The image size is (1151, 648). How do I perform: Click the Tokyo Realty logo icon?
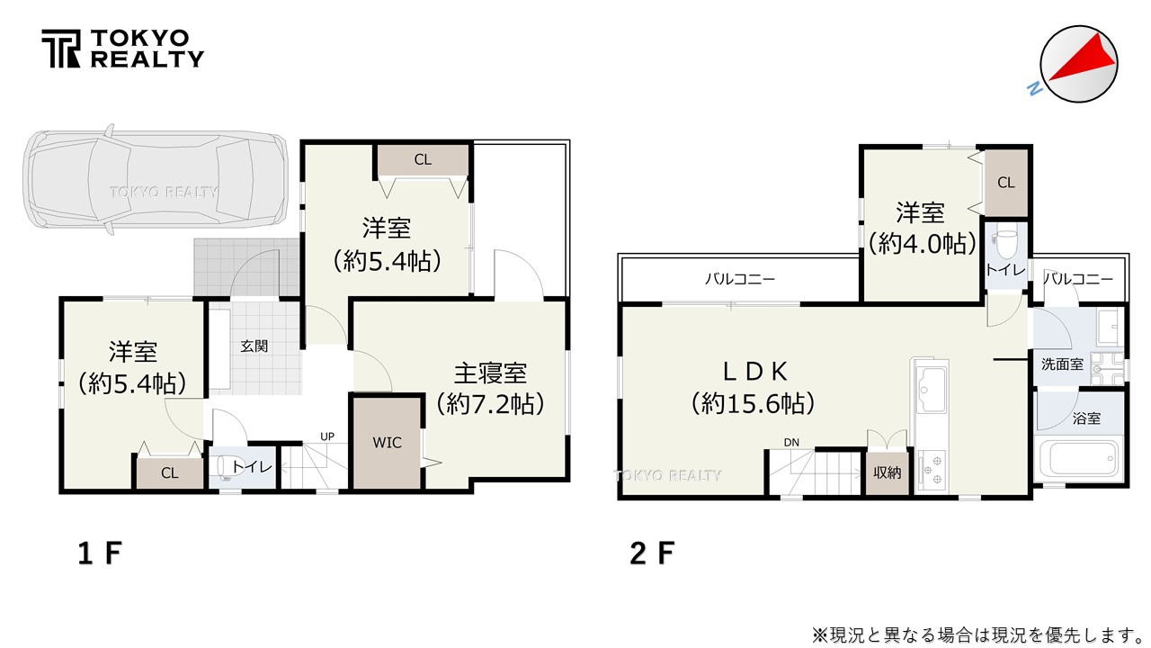click(61, 49)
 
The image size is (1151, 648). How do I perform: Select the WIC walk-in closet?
click(387, 443)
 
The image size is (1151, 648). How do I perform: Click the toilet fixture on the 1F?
click(224, 468)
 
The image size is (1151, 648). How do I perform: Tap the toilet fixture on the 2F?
click(1004, 243)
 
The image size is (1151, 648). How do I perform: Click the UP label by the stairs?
click(328, 437)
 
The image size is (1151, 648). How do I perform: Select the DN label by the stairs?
click(791, 442)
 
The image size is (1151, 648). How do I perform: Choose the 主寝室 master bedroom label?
click(489, 372)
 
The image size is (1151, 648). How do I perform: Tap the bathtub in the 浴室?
click(1080, 461)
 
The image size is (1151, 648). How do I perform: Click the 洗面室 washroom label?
click(1062, 364)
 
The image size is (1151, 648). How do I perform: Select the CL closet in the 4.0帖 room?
click(1005, 183)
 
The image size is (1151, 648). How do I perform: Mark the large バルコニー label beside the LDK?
click(740, 279)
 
